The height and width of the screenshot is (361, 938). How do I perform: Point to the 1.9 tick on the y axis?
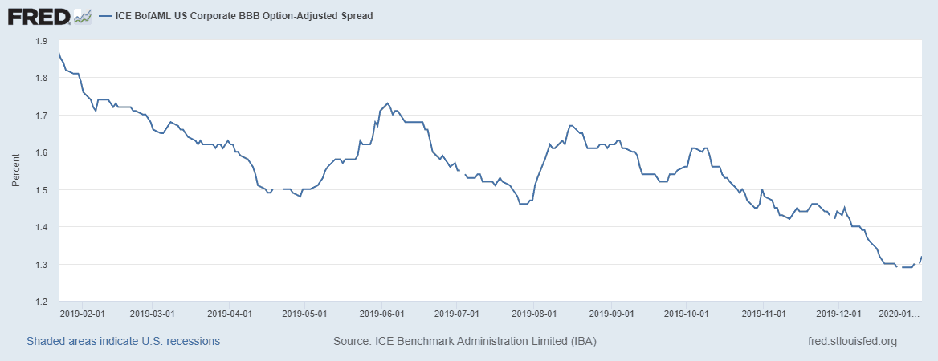coord(41,41)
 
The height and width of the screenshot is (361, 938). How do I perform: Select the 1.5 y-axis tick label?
coord(41,190)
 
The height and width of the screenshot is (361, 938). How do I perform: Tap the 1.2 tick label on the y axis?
coord(41,302)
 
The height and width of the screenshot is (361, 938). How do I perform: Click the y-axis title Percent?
coord(15,171)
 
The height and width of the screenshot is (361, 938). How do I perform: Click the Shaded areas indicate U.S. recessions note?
coord(123,342)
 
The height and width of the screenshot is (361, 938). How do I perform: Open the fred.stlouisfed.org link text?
coord(851,342)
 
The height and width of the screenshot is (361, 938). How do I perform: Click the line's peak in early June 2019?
coord(388,103)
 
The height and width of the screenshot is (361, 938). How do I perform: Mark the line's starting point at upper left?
coord(59,54)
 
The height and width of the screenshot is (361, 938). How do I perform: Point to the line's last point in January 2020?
coord(921,257)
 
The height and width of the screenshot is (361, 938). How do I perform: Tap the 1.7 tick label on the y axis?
coord(41,116)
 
